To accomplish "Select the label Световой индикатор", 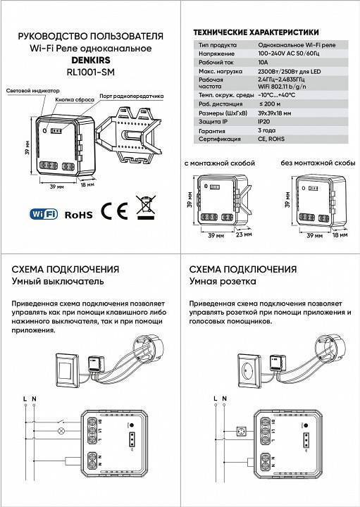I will tap(32, 92).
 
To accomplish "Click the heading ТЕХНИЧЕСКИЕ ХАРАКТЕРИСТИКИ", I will tap(256, 32).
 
